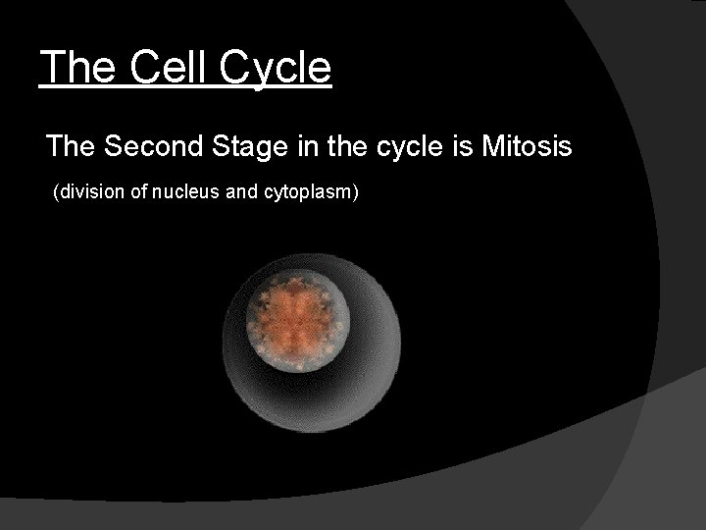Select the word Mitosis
tap(528, 147)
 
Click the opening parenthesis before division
tap(55, 192)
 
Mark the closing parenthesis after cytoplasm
tap(357, 192)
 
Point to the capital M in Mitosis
tap(492, 147)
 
